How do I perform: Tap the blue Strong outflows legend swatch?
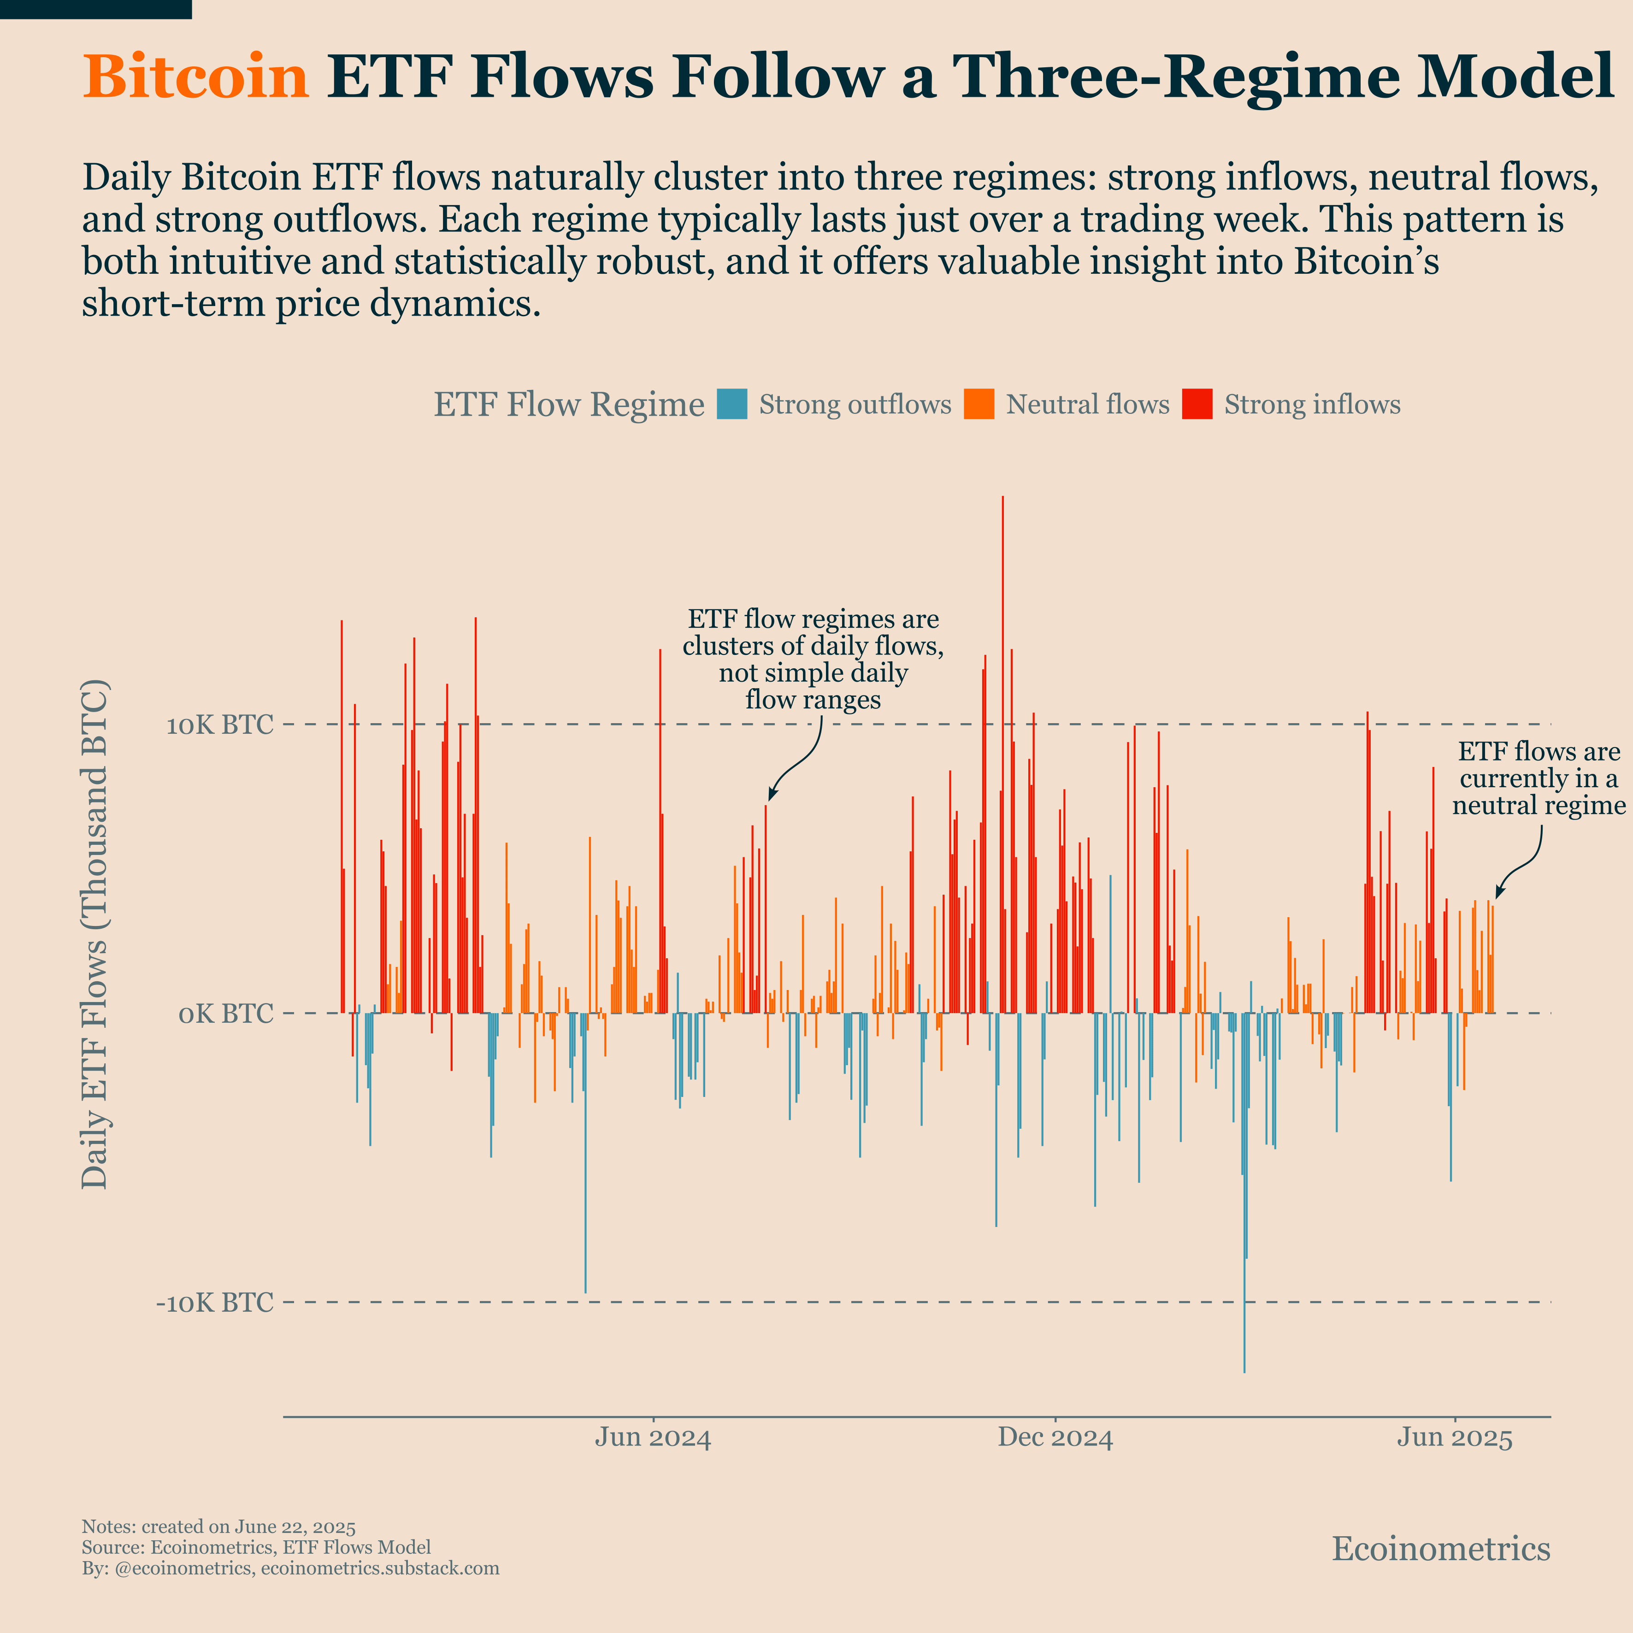(x=731, y=404)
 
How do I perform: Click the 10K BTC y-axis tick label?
(x=220, y=725)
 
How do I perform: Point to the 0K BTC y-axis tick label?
(x=226, y=1014)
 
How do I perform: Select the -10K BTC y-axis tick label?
(x=215, y=1303)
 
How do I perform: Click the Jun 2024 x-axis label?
(x=653, y=1438)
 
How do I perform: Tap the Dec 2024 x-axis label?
(x=1055, y=1438)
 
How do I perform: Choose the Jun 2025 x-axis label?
(x=1454, y=1438)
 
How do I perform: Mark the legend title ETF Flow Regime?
(x=569, y=405)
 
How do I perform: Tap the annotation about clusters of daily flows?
(x=813, y=659)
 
